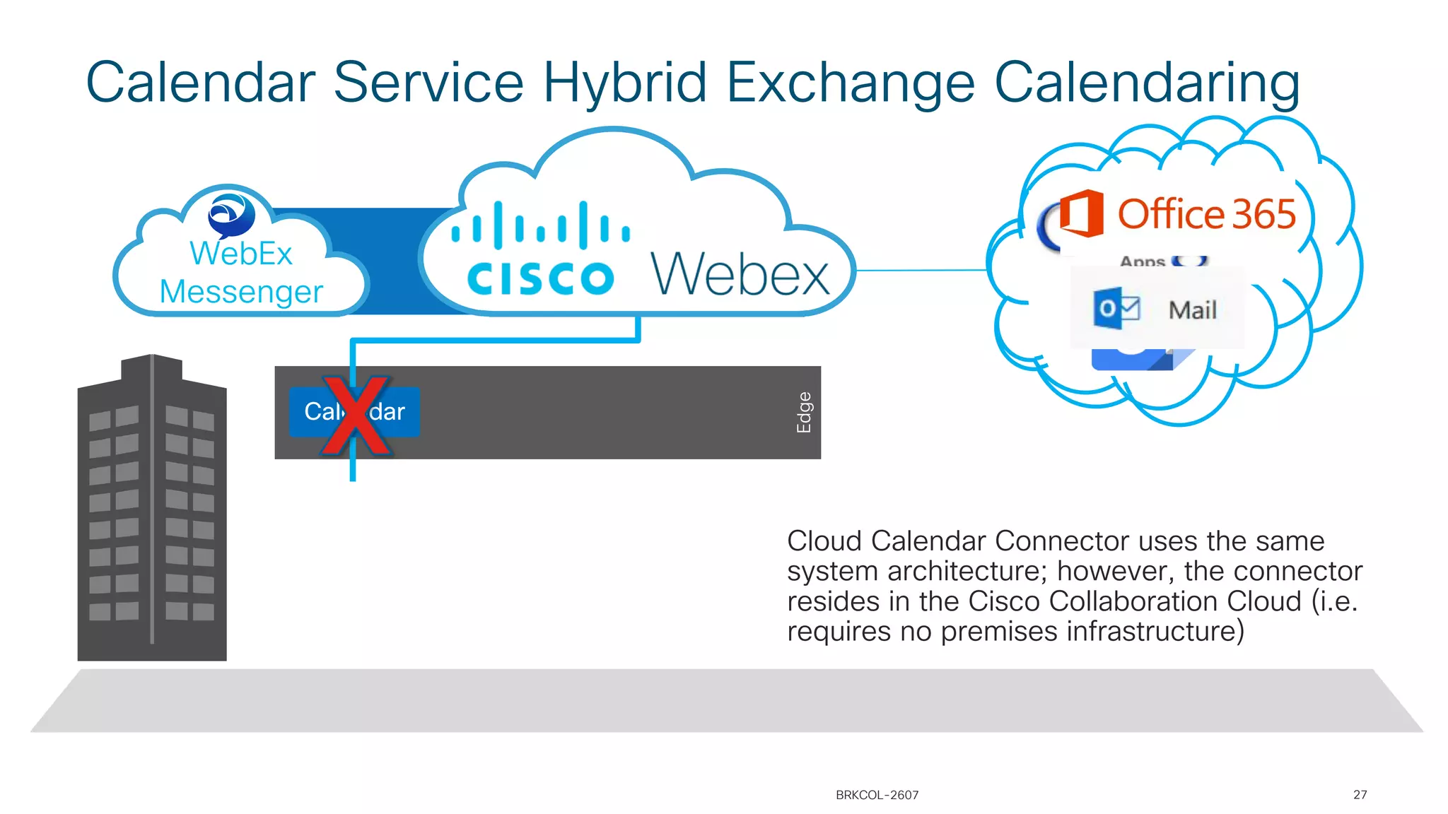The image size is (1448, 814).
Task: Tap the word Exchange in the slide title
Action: (851, 83)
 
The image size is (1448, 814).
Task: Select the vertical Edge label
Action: (804, 412)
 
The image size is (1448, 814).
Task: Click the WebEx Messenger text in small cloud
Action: (240, 273)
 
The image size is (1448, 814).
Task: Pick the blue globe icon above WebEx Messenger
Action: (231, 214)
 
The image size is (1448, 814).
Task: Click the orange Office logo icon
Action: (1080, 213)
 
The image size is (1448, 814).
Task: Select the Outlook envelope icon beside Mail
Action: (1116, 308)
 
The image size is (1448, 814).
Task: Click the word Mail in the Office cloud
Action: (1192, 310)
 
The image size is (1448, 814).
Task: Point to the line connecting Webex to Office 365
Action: (919, 270)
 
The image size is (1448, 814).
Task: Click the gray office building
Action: (152, 509)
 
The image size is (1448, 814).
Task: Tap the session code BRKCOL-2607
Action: (877, 795)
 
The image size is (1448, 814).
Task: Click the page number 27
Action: (1360, 795)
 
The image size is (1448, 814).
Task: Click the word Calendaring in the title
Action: (1147, 83)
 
